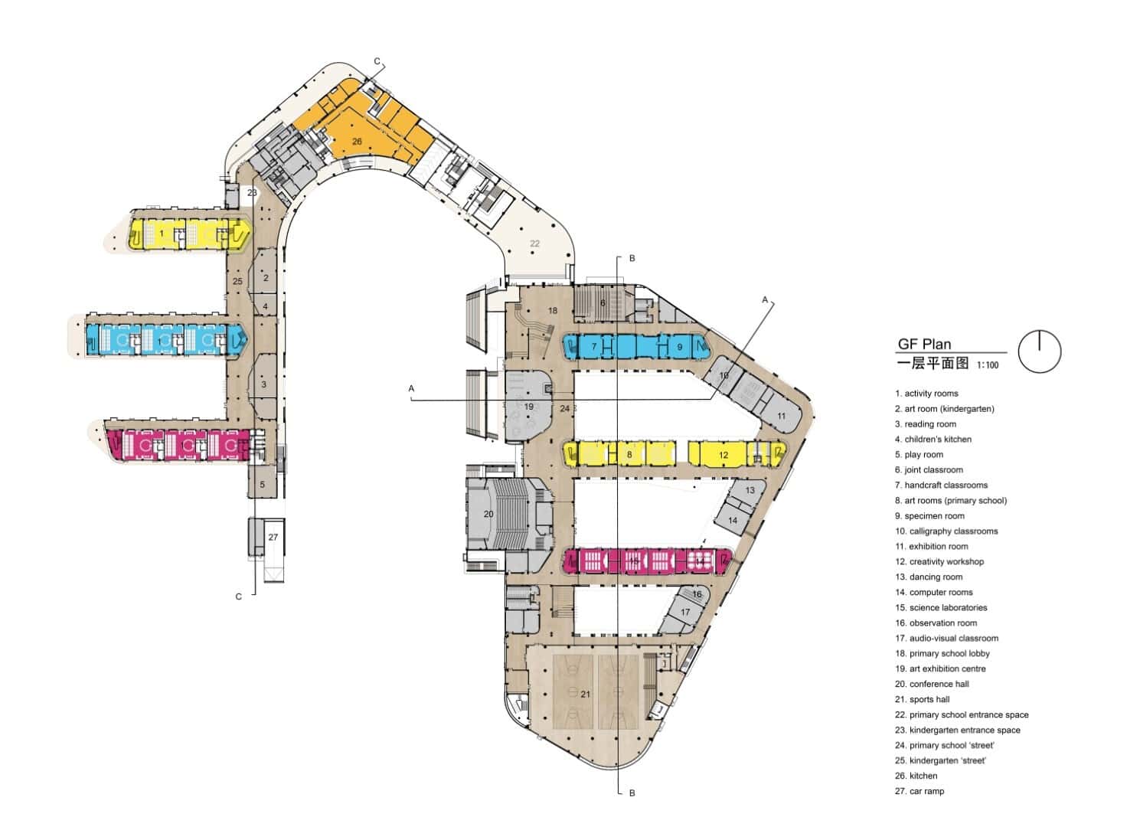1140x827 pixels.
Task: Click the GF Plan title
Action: [x=924, y=345]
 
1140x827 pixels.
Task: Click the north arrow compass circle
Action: [x=1040, y=351]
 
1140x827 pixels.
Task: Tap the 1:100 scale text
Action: [x=988, y=365]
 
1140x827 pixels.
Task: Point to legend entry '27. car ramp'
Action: [x=920, y=791]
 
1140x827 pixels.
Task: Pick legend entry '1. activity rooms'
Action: [x=926, y=394]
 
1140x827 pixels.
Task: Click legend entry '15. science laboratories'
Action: [x=941, y=607]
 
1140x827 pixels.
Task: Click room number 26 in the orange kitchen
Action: [x=357, y=142]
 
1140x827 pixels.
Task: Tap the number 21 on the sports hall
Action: [x=585, y=695]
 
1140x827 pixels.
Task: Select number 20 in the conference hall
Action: [x=488, y=515]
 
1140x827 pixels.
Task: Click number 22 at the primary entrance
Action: [x=534, y=244]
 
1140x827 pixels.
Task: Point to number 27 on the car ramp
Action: [x=273, y=538]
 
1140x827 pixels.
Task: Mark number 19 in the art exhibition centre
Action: [x=528, y=407]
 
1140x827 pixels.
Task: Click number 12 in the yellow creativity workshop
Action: [x=724, y=455]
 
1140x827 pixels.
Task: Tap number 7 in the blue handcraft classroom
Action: [x=593, y=347]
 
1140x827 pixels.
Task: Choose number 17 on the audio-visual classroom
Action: [x=685, y=612]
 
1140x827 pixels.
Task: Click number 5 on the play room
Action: [x=262, y=485]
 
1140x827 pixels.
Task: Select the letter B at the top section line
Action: [x=632, y=259]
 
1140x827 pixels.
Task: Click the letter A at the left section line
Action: [x=411, y=389]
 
